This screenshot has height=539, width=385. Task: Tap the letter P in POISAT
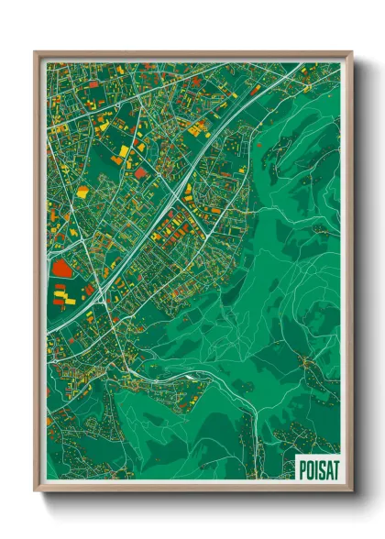tap(302, 468)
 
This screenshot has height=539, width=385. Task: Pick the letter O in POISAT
tap(308, 468)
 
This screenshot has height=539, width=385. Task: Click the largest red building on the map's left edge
tap(61, 268)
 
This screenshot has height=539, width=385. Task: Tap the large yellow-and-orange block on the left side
tap(82, 192)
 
